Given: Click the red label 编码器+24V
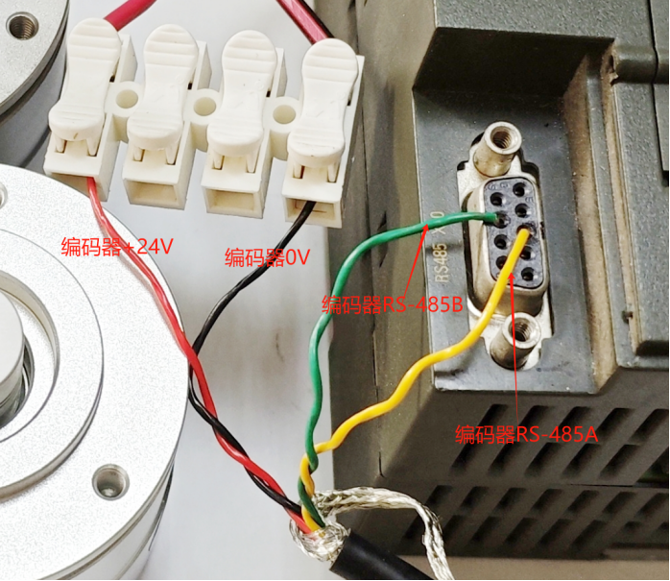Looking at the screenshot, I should click(116, 248).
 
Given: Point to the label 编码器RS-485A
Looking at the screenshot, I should click(526, 434).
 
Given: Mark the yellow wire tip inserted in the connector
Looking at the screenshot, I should click(524, 233).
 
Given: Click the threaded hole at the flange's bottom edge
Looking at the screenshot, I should click(110, 476).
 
